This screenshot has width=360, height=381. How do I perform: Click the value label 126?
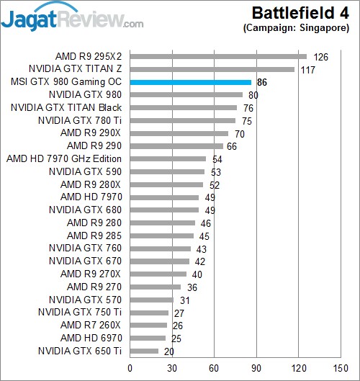coord(320,57)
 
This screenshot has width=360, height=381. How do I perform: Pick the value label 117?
coord(307,69)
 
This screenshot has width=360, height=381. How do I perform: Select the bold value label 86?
coord(263,83)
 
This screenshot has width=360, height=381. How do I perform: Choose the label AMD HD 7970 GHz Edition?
coord(64,158)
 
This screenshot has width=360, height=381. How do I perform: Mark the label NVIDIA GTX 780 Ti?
coord(84,120)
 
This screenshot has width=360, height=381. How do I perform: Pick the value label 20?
coord(169,351)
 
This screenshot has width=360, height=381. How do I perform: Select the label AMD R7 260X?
coord(91,325)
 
